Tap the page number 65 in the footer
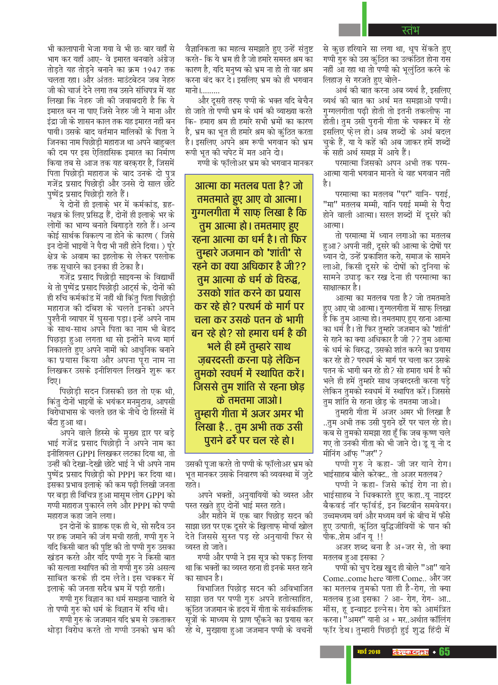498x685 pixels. [x=444, y=651]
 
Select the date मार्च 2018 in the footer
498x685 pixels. [x=369, y=652]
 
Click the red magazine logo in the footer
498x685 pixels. [x=410, y=652]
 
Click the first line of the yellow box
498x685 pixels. [x=249, y=186]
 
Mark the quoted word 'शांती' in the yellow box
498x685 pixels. [x=282, y=253]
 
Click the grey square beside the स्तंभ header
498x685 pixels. [x=349, y=29]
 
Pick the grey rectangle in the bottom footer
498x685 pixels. [x=332, y=651]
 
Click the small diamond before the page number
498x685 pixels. [x=434, y=652]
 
